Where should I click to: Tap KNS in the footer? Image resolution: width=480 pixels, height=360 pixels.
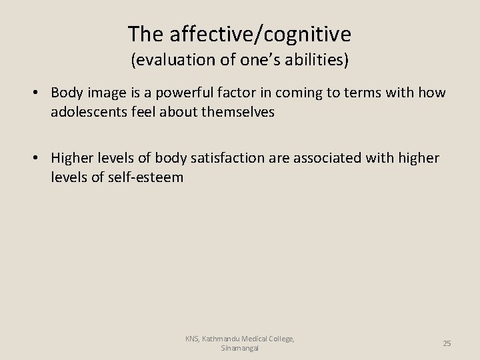[x=193, y=339]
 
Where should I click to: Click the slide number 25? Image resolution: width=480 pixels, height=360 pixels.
[x=447, y=343]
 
